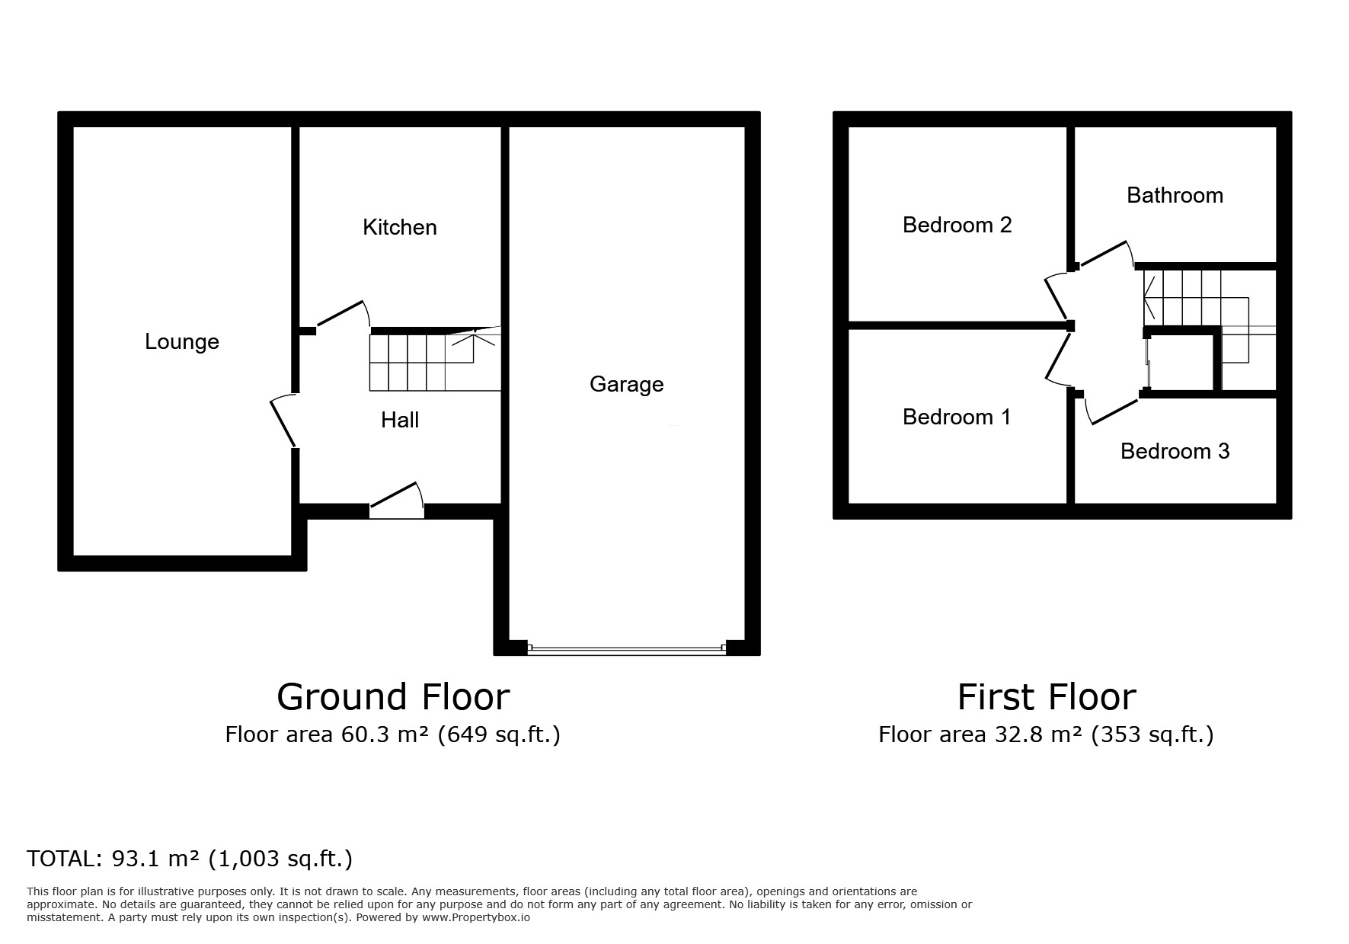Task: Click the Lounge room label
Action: tap(182, 341)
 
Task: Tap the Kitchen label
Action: tap(400, 227)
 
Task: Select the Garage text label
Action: tap(626, 384)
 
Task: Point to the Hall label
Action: tap(400, 420)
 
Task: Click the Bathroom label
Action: tap(1175, 195)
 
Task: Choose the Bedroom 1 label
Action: tap(957, 417)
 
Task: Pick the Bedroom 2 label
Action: tap(957, 225)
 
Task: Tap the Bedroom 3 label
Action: tap(1175, 451)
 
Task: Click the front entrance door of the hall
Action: tap(397, 499)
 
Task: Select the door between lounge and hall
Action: tap(283, 421)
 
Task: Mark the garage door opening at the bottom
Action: tap(626, 649)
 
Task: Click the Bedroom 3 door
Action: tap(1112, 408)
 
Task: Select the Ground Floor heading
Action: tap(393, 696)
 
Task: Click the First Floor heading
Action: tap(1047, 696)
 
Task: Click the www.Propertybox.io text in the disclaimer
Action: tap(476, 917)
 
